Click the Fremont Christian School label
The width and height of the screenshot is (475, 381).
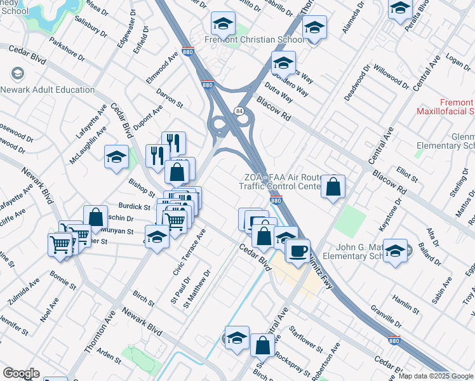click(x=255, y=39)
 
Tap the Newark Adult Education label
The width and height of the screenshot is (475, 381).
click(x=53, y=90)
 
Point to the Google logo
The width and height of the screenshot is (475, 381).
click(x=21, y=373)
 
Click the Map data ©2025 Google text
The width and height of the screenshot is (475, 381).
click(x=436, y=376)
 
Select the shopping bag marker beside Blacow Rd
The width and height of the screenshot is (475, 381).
click(x=333, y=187)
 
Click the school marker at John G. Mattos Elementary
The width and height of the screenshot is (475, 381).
click(x=395, y=250)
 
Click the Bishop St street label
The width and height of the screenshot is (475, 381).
click(x=142, y=188)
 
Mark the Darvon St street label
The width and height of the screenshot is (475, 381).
click(x=170, y=98)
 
